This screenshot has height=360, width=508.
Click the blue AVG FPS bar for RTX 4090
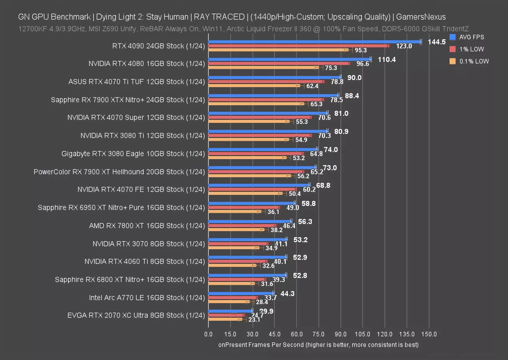[x=314, y=42]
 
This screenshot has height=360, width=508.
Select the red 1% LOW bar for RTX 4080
[x=279, y=64]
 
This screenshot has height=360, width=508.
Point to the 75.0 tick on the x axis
[x=318, y=334]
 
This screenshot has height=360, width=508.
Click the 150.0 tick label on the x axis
[x=429, y=334]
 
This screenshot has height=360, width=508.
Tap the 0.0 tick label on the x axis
[x=208, y=334]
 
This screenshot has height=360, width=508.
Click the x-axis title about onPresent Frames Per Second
[x=318, y=345]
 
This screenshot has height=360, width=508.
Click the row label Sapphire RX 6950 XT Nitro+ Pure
[x=121, y=208]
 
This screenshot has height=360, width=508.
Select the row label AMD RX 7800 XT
[x=147, y=226]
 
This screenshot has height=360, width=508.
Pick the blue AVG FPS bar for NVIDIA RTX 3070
[x=247, y=240]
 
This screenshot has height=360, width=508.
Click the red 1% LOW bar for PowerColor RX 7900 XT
[x=256, y=172]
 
